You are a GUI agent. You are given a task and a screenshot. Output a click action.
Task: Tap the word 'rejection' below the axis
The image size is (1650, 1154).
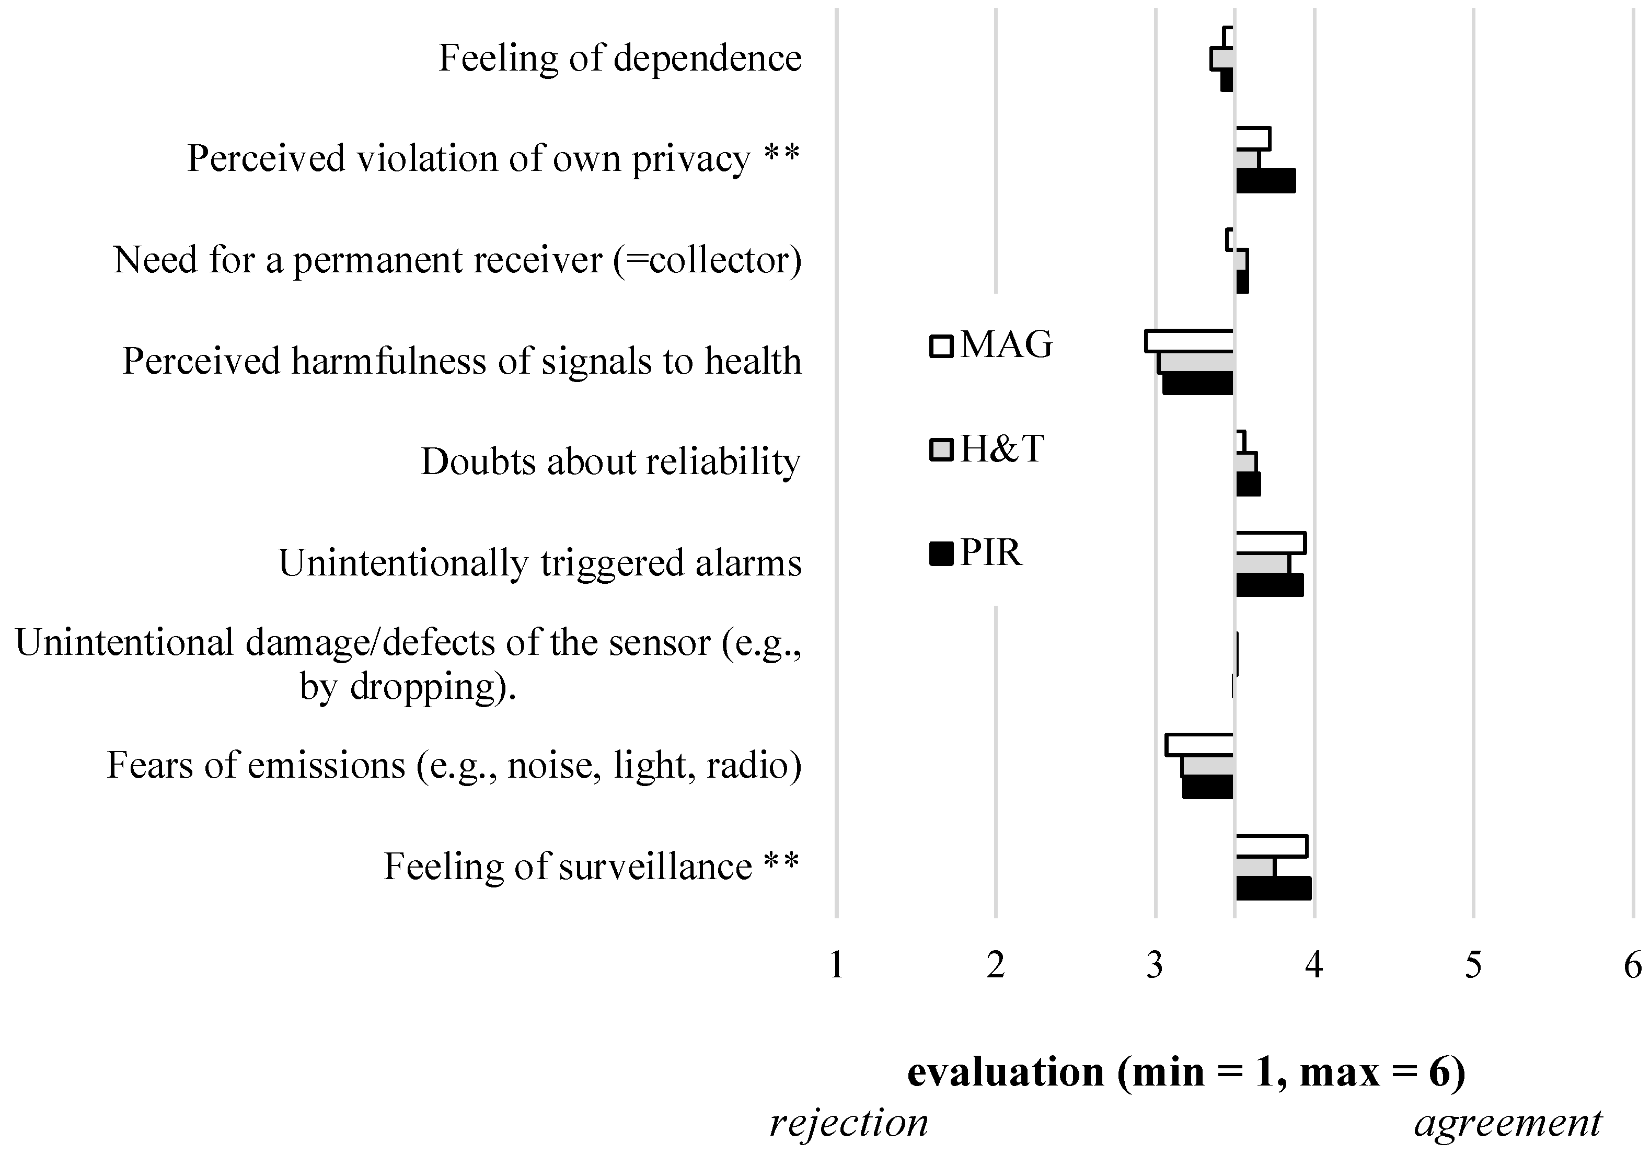click(x=849, y=1123)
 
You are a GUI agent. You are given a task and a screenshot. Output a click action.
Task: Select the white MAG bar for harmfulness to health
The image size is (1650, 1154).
click(x=1190, y=341)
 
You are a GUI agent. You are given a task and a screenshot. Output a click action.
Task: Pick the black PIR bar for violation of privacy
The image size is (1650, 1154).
click(x=1265, y=181)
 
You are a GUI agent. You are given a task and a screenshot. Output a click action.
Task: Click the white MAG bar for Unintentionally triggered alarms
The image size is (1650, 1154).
click(x=1270, y=543)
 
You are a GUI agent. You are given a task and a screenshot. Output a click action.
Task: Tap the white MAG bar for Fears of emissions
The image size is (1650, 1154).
click(x=1199, y=744)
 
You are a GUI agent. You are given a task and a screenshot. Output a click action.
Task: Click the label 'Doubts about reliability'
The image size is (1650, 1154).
click(x=610, y=461)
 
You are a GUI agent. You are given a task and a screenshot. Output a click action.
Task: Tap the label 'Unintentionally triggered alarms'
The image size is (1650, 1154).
click(x=540, y=563)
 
